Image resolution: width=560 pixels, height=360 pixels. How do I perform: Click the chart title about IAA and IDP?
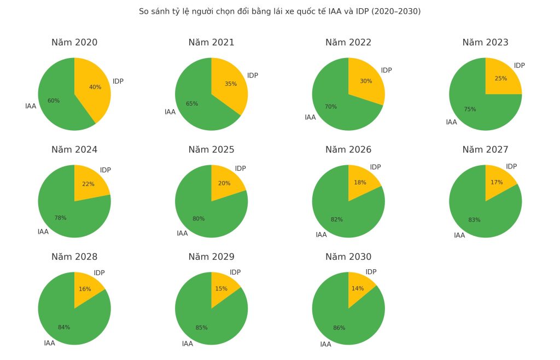coord(279,11)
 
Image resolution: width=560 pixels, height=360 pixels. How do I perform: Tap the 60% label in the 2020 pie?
coord(54,101)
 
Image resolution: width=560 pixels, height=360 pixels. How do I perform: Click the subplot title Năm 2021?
coord(211,43)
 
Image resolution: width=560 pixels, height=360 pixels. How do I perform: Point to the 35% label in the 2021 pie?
coord(230,84)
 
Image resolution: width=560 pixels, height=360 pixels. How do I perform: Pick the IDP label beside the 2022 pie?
coord(386,71)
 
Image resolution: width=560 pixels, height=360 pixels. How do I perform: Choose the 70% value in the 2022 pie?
coord(331,107)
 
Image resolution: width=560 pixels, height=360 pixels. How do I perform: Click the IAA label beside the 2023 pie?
coord(451,122)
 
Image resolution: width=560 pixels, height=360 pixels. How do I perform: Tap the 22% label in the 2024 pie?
coord(88,184)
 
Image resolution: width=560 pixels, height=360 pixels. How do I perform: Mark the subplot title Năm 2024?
coord(74,150)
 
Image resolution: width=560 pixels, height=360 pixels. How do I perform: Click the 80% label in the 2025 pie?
coord(199,219)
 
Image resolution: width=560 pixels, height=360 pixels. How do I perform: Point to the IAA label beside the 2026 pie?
coord(321,235)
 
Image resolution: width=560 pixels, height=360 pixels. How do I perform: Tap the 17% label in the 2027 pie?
coord(497,182)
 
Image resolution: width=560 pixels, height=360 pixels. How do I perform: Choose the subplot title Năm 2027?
coord(485,150)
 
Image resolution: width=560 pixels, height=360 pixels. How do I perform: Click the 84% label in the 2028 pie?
coord(64,327)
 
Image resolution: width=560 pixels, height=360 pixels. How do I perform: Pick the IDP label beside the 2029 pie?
coord(235,272)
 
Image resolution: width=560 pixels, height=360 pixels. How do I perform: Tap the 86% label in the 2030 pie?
coord(339,328)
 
